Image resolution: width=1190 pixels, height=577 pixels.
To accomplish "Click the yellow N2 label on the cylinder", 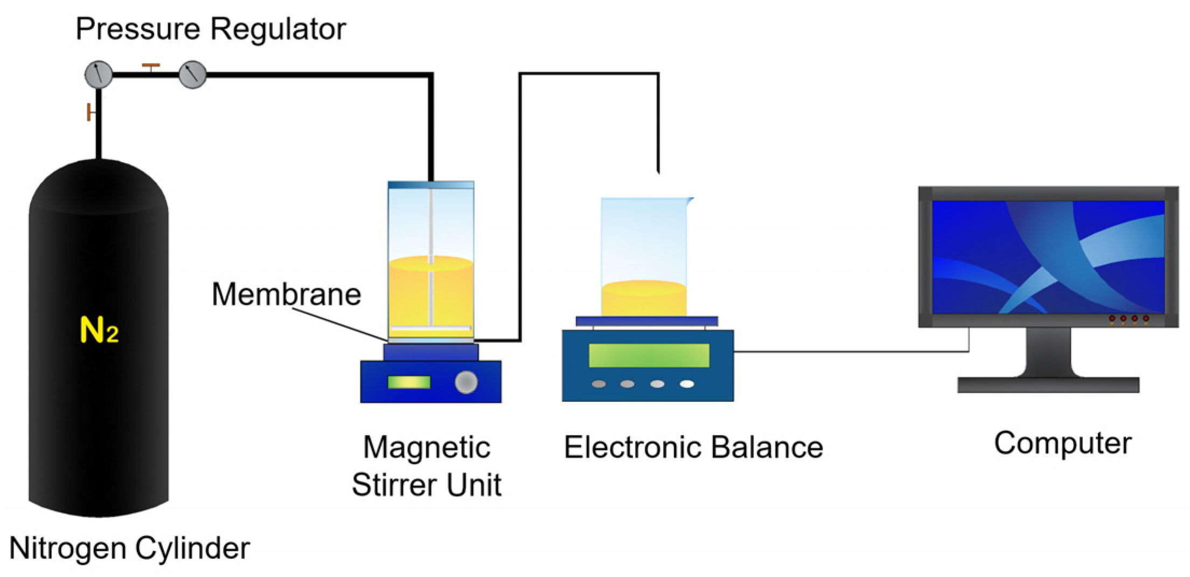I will coord(99,329).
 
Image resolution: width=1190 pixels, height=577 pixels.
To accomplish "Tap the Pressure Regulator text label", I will coord(210,29).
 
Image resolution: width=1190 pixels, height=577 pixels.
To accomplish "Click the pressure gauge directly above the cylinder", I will coord(99,74).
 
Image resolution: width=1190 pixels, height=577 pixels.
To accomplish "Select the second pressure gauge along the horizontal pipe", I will coord(192,74).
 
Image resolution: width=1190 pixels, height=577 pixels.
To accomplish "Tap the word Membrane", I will coord(286,294).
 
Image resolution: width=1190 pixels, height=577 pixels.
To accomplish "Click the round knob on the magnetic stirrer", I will coord(466,382).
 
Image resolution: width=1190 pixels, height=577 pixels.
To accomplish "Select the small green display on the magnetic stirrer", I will coord(409,382).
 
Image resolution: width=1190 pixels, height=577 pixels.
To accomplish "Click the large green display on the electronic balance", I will coord(649,355).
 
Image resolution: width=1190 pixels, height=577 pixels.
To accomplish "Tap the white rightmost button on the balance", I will coord(687,384).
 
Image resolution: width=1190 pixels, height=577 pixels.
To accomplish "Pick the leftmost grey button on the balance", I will coord(599,384).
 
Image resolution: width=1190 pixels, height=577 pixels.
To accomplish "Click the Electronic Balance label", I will coord(693,448).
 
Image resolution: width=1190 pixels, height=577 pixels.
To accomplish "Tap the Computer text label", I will coord(1062,443).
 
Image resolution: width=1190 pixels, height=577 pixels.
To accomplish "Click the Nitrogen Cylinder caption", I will coord(129,548).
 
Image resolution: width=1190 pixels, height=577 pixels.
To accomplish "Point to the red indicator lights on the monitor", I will coord(1129,319).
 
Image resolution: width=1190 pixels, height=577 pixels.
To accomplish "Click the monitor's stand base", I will coord(1048,384).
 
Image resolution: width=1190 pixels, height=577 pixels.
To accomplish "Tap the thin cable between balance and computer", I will coord(851,352).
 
